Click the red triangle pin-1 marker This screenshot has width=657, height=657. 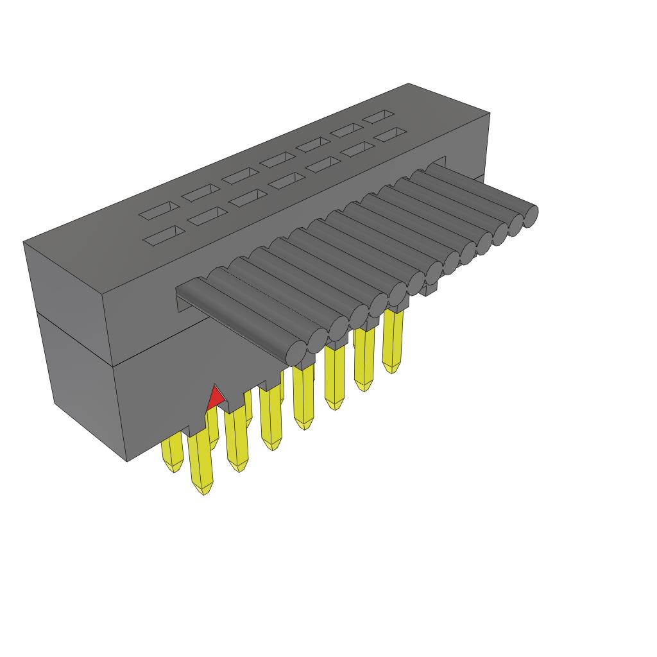coord(215,399)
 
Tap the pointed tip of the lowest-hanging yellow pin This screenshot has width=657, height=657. coord(203,491)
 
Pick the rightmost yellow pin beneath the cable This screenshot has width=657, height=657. coord(393,340)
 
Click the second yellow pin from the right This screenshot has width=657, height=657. coord(364,359)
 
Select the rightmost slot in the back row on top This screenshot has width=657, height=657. coord(378,116)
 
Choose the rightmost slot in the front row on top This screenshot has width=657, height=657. coord(391,135)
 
